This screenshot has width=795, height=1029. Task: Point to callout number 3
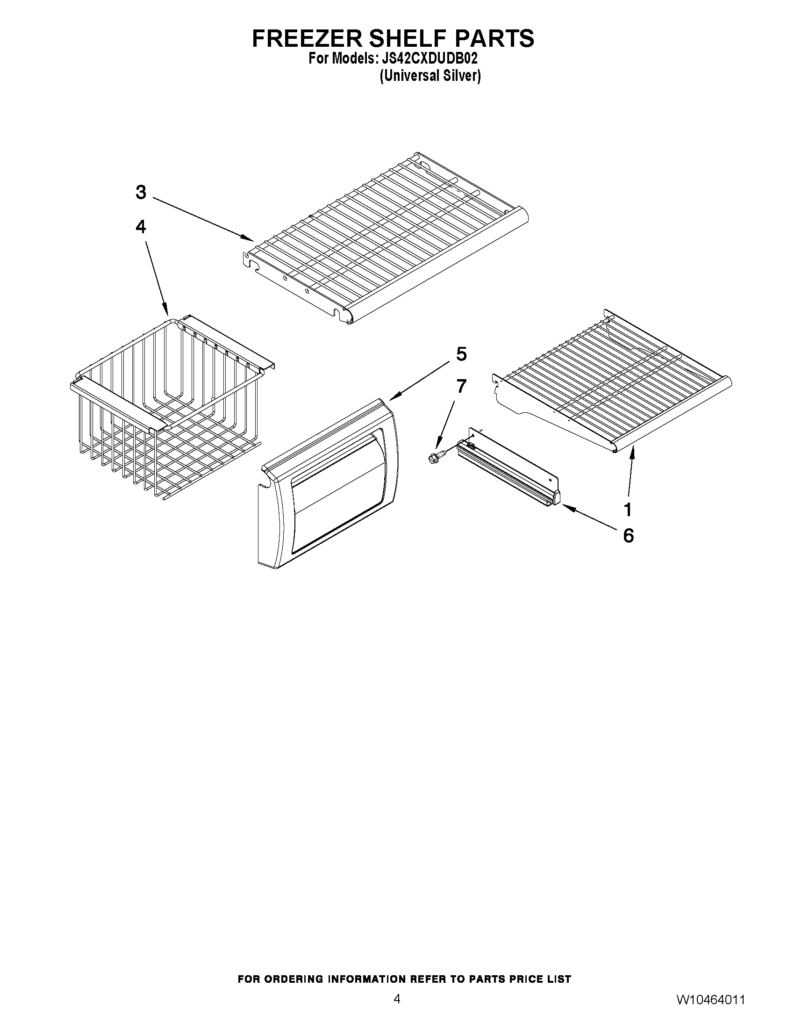coord(141,193)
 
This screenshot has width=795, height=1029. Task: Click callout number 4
coord(141,227)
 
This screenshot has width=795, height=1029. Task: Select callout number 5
coord(461,354)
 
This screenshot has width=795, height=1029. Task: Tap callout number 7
coord(461,386)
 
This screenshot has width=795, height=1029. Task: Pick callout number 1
coord(627,509)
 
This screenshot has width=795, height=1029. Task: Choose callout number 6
coord(628,536)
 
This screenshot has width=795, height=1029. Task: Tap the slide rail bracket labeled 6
coord(509,469)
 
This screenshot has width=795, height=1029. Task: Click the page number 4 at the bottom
coord(397,1008)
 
